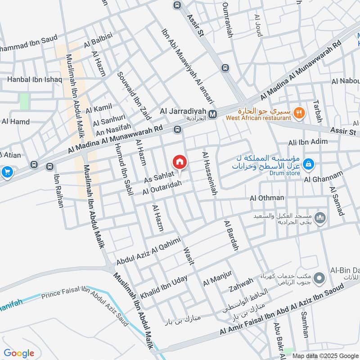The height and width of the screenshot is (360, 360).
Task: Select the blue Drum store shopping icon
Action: coord(309,164)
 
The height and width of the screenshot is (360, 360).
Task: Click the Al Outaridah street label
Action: coord(162,188)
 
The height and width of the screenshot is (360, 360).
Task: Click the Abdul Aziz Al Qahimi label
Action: coord(148,251)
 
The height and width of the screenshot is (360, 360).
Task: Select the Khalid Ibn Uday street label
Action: coord(164,287)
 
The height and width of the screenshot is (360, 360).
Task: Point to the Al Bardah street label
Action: coord(231,235)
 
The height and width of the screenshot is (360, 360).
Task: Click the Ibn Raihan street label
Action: coord(59,191)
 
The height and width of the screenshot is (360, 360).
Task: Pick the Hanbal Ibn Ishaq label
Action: coord(34,80)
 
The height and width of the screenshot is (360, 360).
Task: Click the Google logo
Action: coord(19,353)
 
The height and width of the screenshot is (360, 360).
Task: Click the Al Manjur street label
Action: coord(217,278)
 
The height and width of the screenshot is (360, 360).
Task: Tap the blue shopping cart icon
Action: coord(7,171)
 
